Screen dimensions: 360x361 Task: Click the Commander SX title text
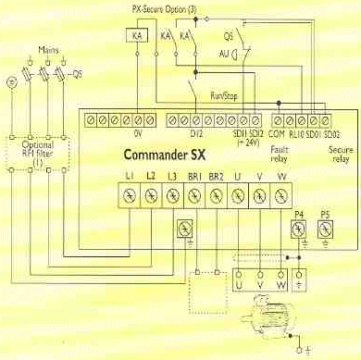tap(164, 154)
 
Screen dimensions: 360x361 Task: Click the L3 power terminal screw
tap(172, 195)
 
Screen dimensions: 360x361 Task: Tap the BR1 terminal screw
tap(194, 195)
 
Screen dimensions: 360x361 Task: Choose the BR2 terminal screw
tap(217, 195)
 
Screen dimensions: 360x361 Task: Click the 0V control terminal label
tap(136, 133)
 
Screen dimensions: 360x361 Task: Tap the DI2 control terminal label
tap(197, 133)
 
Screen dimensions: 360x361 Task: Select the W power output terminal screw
tap(281, 195)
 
